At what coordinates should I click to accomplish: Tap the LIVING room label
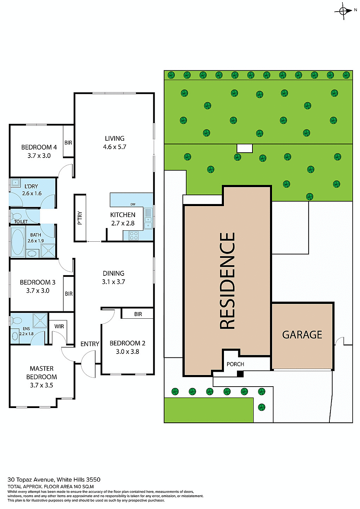point(115,139)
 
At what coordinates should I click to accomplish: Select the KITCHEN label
point(123,215)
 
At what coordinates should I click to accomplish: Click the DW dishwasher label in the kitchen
point(133,204)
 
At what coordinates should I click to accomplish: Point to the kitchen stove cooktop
point(133,235)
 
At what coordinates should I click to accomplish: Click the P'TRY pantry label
point(80,218)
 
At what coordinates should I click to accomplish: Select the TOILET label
point(21,222)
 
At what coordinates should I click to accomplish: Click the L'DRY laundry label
point(31,186)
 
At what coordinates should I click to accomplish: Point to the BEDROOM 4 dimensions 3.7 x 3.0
point(39,155)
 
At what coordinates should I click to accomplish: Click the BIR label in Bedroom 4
point(68,143)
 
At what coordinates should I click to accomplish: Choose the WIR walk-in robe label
point(59,326)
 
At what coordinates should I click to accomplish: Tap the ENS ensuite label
point(26,329)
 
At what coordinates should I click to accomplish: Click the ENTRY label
point(90,344)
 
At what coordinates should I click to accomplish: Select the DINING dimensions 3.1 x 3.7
point(114,282)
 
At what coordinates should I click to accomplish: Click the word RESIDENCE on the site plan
point(227,280)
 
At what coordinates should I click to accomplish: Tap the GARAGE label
point(302,335)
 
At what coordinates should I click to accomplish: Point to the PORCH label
point(235,364)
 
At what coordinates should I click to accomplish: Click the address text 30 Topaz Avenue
point(31,479)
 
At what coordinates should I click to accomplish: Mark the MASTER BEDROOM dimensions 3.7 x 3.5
point(41,385)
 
